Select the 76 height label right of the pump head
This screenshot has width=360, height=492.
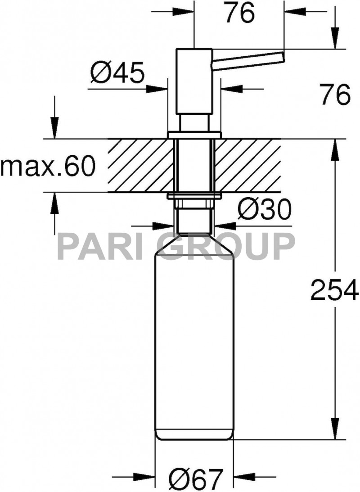(x=335, y=95)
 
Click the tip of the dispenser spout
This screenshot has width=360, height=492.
(x=281, y=57)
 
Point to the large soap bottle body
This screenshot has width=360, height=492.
(x=194, y=342)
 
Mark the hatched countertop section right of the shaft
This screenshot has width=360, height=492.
(x=247, y=166)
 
